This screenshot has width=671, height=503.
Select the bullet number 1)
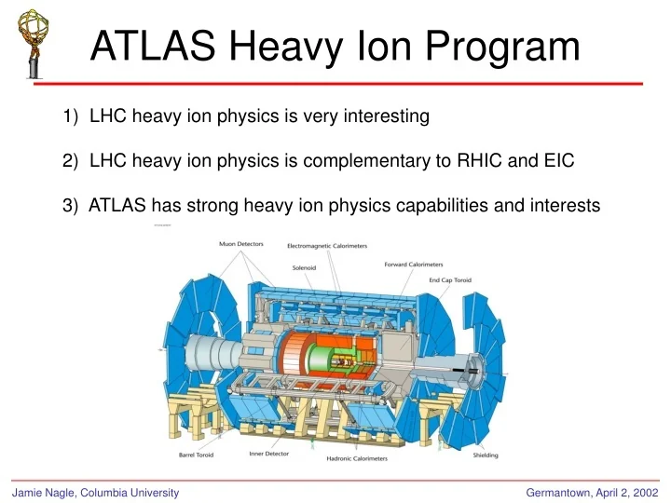click(x=72, y=116)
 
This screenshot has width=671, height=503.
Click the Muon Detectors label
click(x=240, y=244)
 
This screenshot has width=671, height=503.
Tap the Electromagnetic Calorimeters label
click(x=326, y=246)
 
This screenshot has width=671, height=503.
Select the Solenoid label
click(x=305, y=267)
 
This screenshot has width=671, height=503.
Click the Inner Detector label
click(x=268, y=455)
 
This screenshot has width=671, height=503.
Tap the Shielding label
click(x=484, y=455)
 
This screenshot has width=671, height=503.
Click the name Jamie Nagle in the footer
click(x=41, y=491)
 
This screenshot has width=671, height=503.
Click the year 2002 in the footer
click(x=641, y=491)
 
